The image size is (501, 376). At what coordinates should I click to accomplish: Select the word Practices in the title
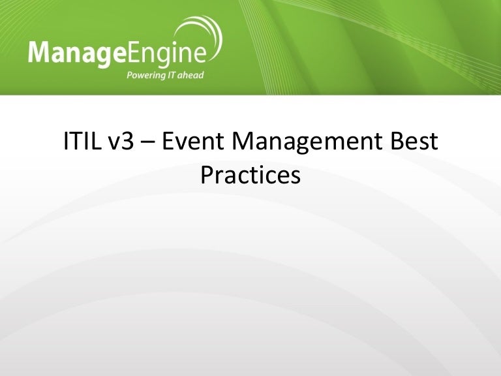pos(250,174)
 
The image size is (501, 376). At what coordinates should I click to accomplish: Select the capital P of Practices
pos(207,174)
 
